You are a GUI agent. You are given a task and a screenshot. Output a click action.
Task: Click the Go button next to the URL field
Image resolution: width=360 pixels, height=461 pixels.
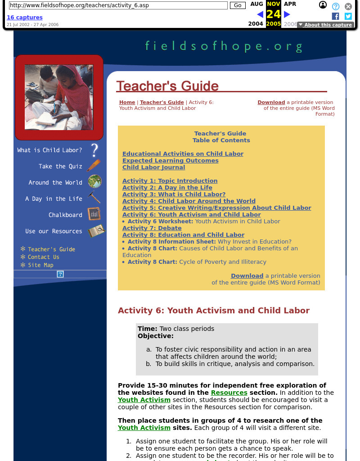(x=238, y=5)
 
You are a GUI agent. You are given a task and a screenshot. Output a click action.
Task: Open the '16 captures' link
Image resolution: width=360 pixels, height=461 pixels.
(x=25, y=18)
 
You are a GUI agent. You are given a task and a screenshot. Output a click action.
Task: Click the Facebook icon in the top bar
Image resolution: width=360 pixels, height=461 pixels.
(x=335, y=16)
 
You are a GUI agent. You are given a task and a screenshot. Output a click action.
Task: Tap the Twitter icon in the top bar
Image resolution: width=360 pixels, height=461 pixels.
(x=348, y=16)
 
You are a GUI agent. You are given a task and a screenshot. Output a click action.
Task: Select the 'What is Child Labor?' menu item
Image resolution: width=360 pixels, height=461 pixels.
(x=49, y=150)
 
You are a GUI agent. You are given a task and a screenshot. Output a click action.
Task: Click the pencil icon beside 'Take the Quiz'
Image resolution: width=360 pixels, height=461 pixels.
(x=94, y=166)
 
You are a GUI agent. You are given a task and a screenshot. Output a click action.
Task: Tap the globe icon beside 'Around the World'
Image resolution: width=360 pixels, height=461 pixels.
(x=94, y=182)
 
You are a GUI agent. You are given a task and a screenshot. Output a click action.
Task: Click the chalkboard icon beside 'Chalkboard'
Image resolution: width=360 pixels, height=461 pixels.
(x=94, y=214)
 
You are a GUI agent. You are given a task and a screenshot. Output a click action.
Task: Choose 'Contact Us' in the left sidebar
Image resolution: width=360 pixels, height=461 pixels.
(x=43, y=257)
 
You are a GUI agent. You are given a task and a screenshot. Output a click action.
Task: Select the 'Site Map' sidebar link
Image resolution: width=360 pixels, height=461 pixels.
(x=40, y=265)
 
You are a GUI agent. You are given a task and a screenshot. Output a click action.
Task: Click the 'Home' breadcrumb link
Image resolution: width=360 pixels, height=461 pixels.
(x=127, y=102)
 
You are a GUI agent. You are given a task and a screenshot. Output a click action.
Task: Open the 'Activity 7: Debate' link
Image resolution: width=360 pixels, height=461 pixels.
(x=152, y=228)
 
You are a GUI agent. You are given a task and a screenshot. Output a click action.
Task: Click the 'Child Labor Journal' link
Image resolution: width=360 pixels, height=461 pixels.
(x=153, y=167)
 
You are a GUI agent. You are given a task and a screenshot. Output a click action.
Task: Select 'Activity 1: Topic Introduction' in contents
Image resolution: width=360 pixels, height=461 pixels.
(x=170, y=181)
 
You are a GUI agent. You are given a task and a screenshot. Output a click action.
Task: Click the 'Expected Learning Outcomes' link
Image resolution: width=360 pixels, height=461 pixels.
(x=170, y=161)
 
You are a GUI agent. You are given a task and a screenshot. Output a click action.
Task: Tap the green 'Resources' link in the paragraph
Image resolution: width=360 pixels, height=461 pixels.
(x=229, y=393)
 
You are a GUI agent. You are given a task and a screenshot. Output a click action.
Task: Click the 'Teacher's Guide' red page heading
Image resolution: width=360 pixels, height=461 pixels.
(x=167, y=86)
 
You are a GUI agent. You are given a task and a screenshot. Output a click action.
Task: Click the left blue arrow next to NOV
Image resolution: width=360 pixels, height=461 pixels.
(x=260, y=14)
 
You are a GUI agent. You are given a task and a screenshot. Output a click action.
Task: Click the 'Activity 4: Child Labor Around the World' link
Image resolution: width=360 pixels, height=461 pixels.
(x=189, y=201)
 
